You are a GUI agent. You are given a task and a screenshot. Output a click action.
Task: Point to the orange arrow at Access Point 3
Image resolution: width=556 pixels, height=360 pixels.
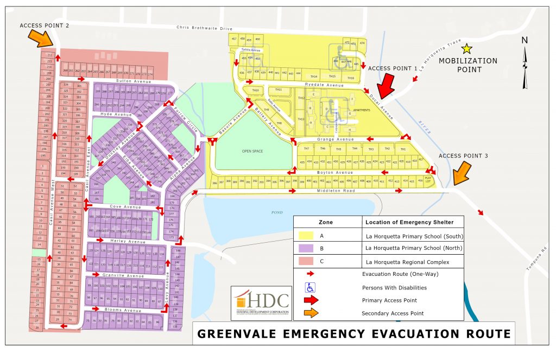pyautogui.click(x=460, y=174)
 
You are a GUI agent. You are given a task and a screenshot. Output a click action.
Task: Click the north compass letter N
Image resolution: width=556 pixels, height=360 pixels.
pyautogui.click(x=524, y=40)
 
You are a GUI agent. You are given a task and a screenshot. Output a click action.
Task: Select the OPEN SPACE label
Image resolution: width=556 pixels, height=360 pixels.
pyautogui.click(x=252, y=151)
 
